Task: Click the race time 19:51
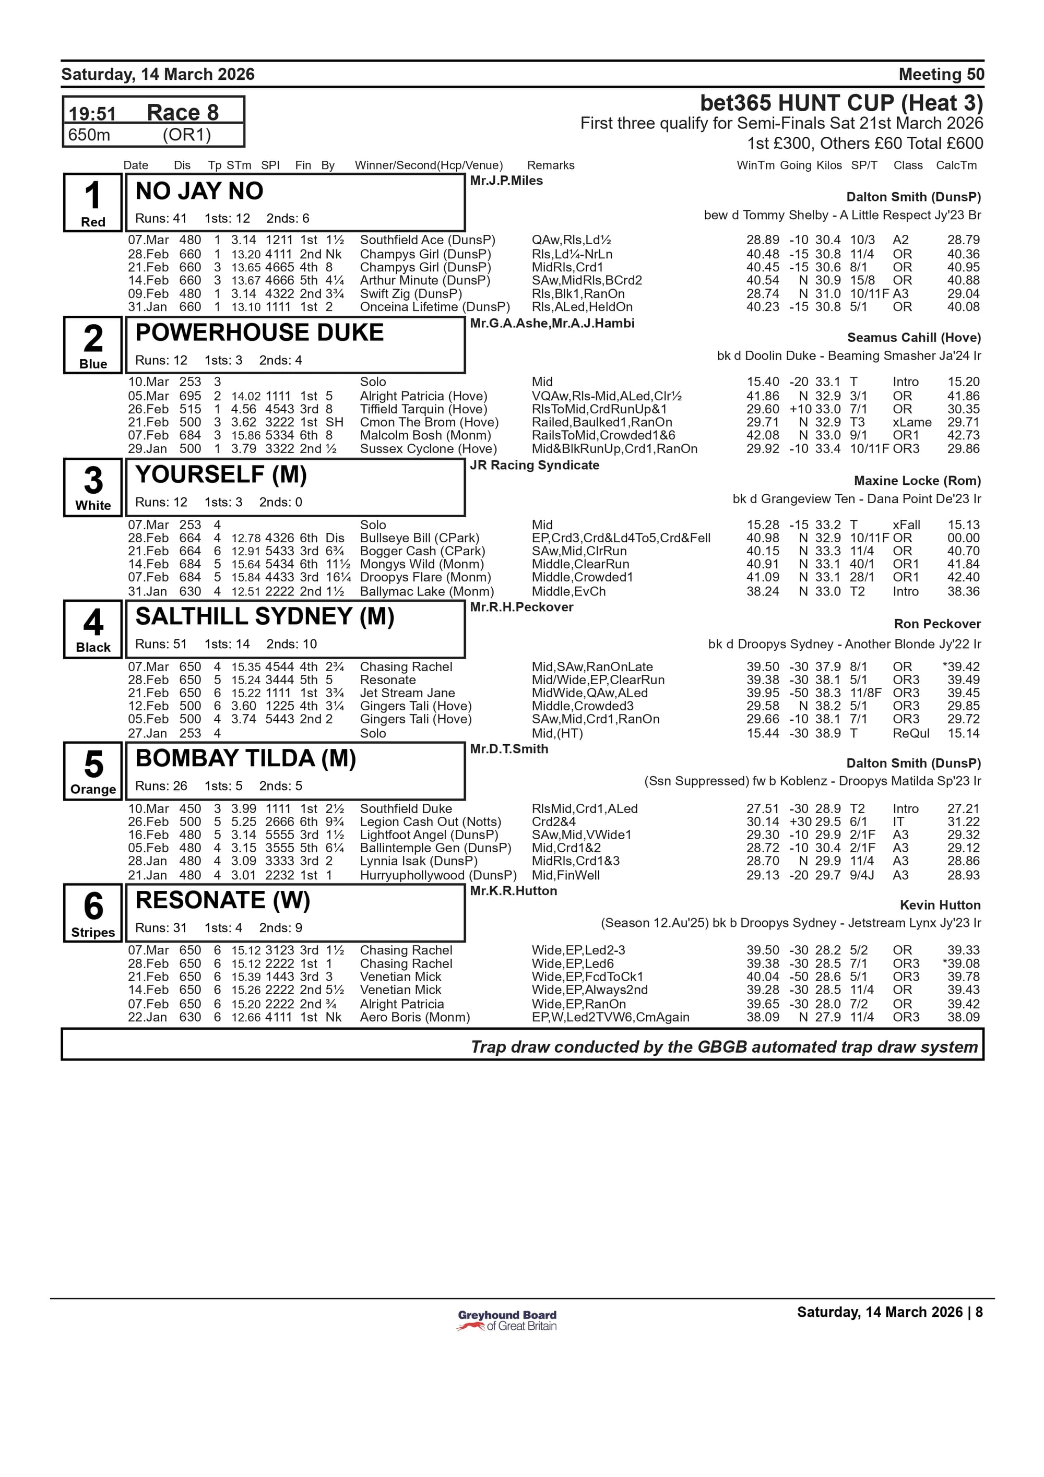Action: click(x=92, y=114)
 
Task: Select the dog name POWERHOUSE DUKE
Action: click(x=259, y=332)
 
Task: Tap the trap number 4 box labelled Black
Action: click(x=93, y=629)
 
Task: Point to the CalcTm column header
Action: click(x=956, y=165)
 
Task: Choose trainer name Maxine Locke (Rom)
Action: click(x=917, y=481)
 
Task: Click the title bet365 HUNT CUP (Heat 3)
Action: click(x=841, y=103)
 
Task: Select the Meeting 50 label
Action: click(x=941, y=75)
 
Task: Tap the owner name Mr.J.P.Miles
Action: click(x=506, y=181)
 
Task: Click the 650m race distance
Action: click(x=89, y=135)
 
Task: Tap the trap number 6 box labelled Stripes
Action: click(x=93, y=913)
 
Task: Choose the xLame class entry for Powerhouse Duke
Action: click(x=911, y=422)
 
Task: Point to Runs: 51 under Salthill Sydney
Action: click(x=161, y=644)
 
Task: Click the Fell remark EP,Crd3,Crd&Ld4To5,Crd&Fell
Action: click(x=621, y=538)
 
